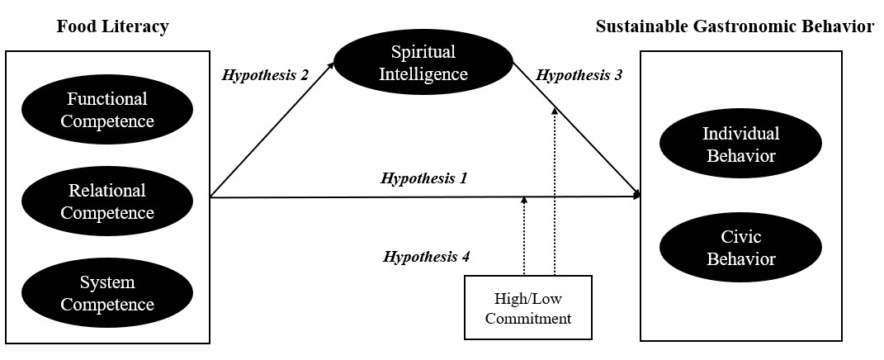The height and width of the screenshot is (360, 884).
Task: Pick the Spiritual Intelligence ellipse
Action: point(424,63)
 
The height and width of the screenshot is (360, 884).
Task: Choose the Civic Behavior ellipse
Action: point(740,248)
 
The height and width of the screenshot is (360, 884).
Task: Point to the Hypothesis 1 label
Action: point(424,178)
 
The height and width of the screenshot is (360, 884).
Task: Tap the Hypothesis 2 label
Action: point(265,74)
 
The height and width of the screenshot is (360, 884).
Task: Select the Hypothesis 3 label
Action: point(579,74)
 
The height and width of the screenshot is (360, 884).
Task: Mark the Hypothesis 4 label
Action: point(426,257)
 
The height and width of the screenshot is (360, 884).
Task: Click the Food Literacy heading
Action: point(112,27)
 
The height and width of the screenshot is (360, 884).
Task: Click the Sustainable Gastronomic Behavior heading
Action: point(734,27)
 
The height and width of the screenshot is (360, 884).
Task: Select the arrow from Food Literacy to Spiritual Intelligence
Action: point(272,131)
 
